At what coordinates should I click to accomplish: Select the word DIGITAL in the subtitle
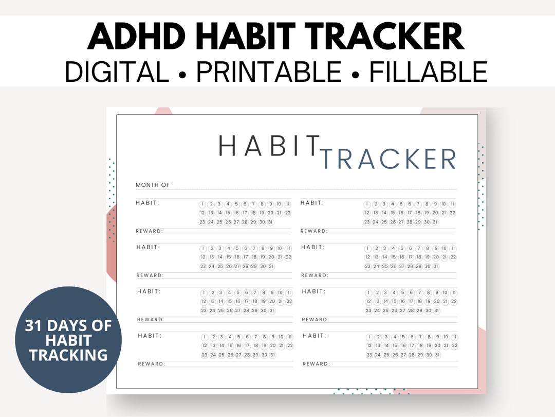pyautogui.click(x=117, y=72)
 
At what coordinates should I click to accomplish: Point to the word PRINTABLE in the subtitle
pyautogui.click(x=269, y=72)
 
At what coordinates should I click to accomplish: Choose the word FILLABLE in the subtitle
pyautogui.click(x=429, y=72)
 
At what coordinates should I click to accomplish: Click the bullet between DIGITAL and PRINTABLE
pyautogui.click(x=182, y=73)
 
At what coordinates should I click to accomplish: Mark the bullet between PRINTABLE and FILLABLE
pyautogui.click(x=356, y=73)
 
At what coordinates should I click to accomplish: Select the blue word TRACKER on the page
pyautogui.click(x=389, y=159)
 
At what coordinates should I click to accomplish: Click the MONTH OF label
pyautogui.click(x=152, y=185)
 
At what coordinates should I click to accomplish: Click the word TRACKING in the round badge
pyautogui.click(x=68, y=355)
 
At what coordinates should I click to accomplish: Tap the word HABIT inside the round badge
pyautogui.click(x=68, y=340)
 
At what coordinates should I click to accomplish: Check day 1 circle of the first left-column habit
pyautogui.click(x=202, y=204)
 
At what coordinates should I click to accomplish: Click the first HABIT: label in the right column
pyautogui.click(x=312, y=203)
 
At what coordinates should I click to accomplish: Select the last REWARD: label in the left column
pyautogui.click(x=152, y=364)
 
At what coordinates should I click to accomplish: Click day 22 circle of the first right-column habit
pyautogui.click(x=452, y=213)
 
